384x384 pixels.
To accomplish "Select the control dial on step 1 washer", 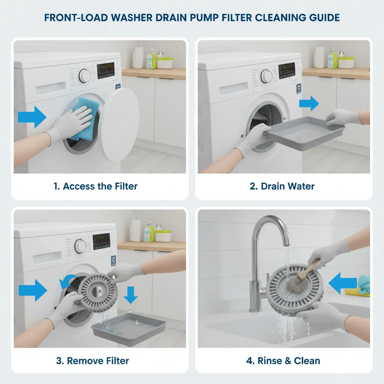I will click(x=85, y=76).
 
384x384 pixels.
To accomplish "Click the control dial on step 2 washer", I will click(x=266, y=75).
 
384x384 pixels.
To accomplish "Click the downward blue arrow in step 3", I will click(x=130, y=294).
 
